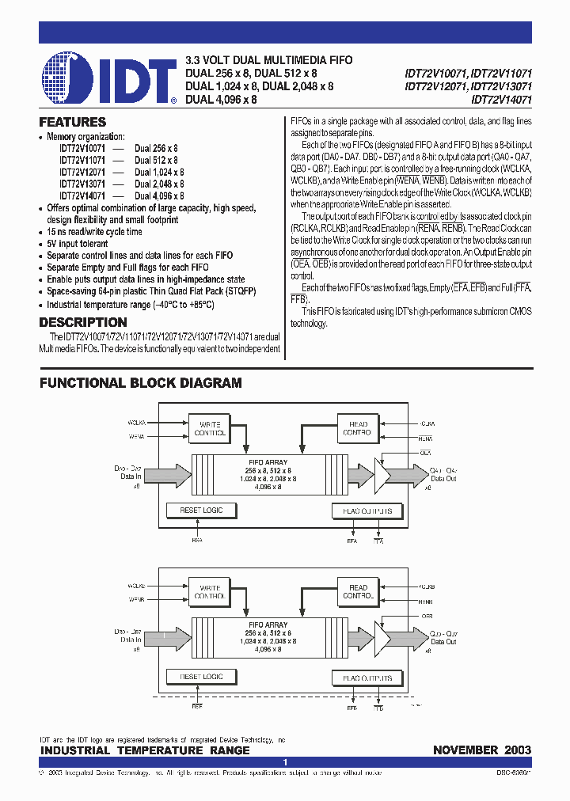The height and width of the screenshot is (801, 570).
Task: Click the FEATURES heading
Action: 72,123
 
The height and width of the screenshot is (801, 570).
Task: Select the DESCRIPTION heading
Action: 82,323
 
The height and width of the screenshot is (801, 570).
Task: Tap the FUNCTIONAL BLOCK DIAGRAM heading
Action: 141,383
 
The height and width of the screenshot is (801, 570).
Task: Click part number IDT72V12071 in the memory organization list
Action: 82,172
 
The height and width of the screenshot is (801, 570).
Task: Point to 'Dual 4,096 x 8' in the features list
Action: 159,196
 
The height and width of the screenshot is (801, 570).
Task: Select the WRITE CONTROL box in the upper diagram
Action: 210,429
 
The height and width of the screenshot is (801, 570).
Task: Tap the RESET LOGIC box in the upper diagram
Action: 202,511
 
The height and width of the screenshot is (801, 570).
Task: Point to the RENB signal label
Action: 425,602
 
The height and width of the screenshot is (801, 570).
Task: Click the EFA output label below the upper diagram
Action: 352,542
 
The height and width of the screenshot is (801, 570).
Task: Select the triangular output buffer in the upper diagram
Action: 383,474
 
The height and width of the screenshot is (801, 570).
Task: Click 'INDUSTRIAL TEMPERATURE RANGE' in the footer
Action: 145,750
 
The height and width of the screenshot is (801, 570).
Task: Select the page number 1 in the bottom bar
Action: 285,762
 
